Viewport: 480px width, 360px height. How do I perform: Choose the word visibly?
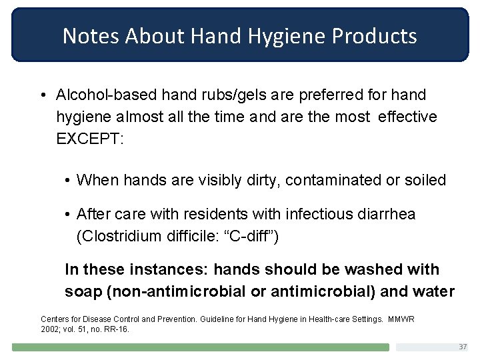pos(206,179)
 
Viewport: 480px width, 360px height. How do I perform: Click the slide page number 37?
pos(463,347)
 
